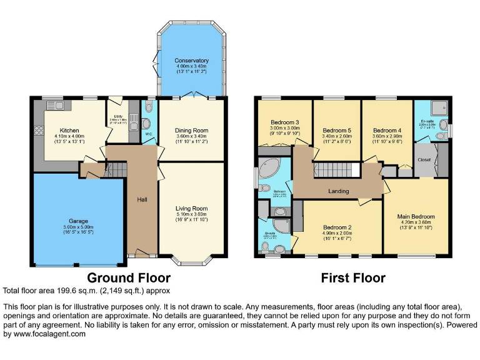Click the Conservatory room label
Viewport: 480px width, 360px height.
coord(191,61)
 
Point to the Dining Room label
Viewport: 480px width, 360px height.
coord(191,131)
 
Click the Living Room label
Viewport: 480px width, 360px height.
coord(191,209)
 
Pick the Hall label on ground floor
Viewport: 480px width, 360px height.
coord(142,200)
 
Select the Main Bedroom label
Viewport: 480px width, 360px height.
coord(416,217)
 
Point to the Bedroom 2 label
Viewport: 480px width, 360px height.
coord(337,227)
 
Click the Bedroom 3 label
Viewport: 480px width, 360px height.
coord(284,122)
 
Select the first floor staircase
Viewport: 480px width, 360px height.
coord(332,170)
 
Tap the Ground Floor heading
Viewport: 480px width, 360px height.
coord(128,277)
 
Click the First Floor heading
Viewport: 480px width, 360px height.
coord(353,277)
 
